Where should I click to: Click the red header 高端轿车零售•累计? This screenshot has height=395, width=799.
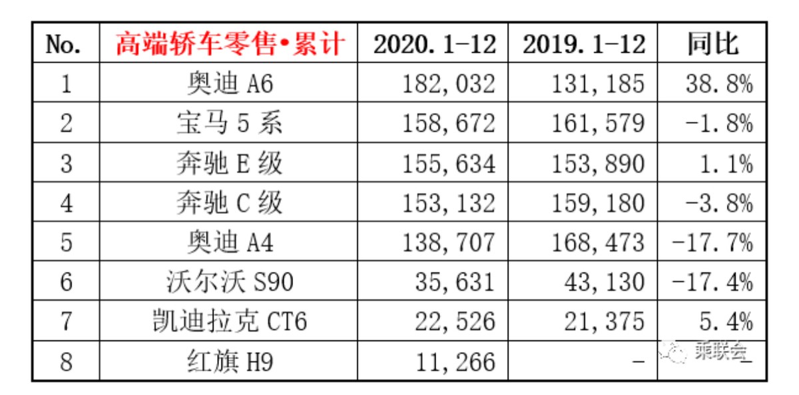pyautogui.click(x=229, y=45)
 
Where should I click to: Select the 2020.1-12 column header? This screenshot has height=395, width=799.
pyautogui.click(x=434, y=45)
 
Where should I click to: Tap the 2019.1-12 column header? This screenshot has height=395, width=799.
pyautogui.click(x=583, y=45)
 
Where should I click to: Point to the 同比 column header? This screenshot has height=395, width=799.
pyautogui.click(x=712, y=45)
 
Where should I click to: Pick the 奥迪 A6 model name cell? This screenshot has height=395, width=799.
pyautogui.click(x=229, y=84)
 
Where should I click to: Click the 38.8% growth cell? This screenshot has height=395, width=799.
pyautogui.click(x=719, y=84)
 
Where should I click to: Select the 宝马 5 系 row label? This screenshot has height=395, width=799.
pyautogui.click(x=229, y=124)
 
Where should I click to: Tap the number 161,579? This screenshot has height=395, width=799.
pyautogui.click(x=598, y=124)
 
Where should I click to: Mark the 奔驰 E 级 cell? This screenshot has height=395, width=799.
pyautogui.click(x=229, y=163)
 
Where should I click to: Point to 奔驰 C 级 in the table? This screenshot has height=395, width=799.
pyautogui.click(x=229, y=203)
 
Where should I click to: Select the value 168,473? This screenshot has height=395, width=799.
pyautogui.click(x=598, y=242)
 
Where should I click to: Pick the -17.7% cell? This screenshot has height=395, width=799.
pyautogui.click(x=712, y=242)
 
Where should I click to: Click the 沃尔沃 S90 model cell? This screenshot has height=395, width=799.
pyautogui.click(x=229, y=282)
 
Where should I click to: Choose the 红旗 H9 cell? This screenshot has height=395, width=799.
pyautogui.click(x=229, y=362)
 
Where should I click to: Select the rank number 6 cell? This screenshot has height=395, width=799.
pyautogui.click(x=66, y=282)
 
